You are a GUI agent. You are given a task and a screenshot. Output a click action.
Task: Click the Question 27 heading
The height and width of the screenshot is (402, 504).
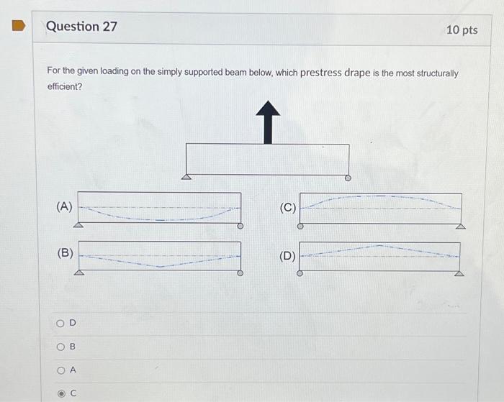click(81, 27)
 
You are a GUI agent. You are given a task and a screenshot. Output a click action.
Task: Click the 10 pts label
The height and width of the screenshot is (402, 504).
click(462, 29)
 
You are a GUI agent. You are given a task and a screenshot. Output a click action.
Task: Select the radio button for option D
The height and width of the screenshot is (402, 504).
click(60, 323)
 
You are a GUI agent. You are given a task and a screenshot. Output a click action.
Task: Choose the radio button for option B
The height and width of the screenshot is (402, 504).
click(60, 347)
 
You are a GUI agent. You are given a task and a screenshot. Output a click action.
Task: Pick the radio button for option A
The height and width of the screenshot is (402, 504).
click(60, 370)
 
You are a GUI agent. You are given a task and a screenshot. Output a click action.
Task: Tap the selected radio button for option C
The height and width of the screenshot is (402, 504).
click(60, 393)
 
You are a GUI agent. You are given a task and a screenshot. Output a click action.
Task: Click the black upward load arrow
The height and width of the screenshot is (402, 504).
click(268, 122)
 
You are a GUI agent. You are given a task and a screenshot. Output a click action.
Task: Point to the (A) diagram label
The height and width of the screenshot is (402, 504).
click(64, 206)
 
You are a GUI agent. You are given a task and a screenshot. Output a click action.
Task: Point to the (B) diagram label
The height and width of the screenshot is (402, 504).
click(66, 252)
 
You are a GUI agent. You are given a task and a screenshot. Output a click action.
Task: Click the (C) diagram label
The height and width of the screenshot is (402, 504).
click(287, 208)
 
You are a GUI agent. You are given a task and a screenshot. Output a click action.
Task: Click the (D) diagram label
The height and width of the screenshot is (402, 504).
click(287, 255)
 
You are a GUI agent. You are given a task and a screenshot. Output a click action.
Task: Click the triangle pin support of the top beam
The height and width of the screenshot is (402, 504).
click(186, 177)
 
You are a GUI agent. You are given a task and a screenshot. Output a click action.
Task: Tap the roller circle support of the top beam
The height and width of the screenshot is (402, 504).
click(348, 178)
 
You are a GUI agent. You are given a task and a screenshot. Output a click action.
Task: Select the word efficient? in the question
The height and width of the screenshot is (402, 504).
click(64, 86)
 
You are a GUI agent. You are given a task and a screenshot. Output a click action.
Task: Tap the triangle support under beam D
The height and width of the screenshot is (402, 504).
click(459, 273)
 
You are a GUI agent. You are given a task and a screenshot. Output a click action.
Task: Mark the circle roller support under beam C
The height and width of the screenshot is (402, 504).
click(300, 226)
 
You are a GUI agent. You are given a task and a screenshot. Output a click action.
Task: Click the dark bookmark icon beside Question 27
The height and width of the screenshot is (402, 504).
click(19, 27)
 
